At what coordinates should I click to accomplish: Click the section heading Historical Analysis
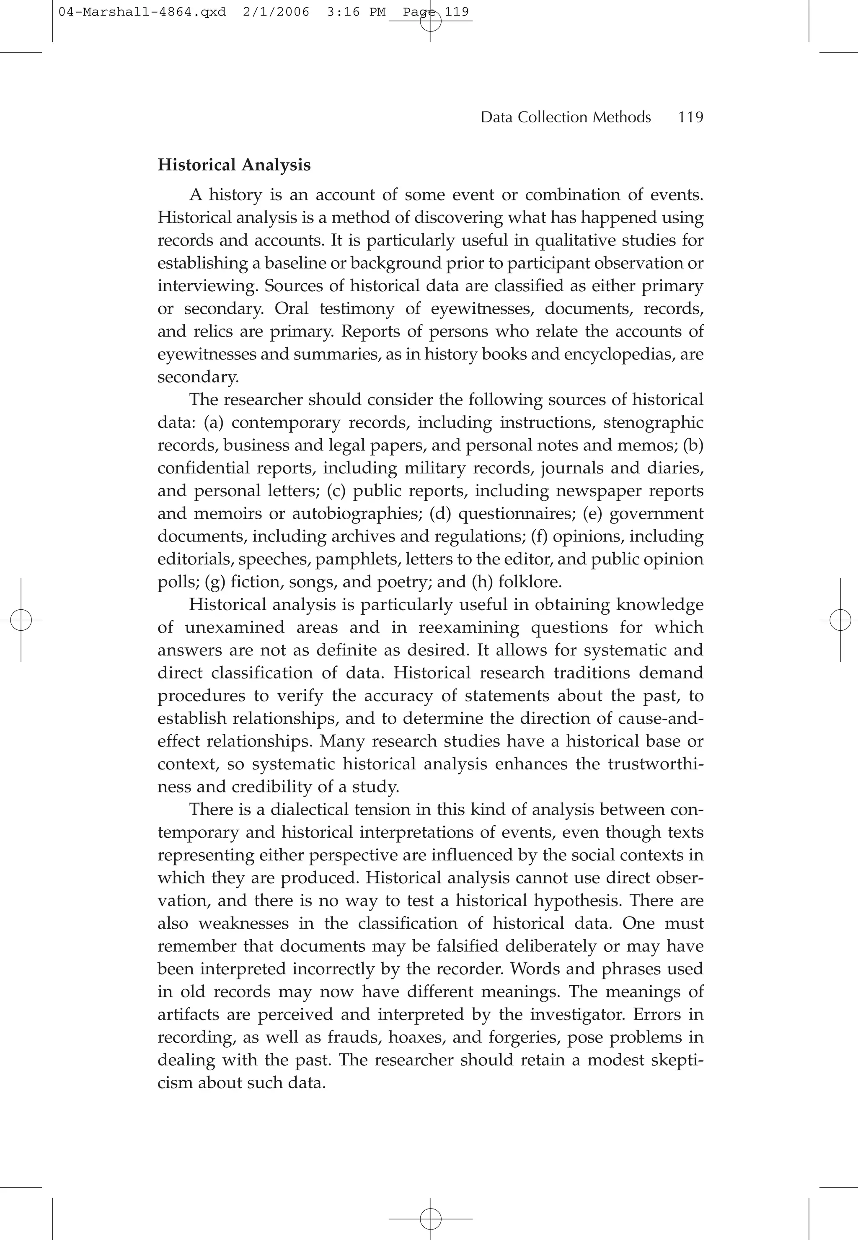click(234, 165)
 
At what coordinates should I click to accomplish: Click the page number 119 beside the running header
click(690, 117)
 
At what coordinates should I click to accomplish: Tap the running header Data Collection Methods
click(566, 117)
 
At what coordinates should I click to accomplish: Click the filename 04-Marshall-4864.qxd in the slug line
click(142, 12)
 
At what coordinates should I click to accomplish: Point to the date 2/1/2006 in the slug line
click(276, 12)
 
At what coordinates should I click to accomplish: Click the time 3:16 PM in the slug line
click(356, 12)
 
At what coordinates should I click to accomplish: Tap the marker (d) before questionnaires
click(441, 513)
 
